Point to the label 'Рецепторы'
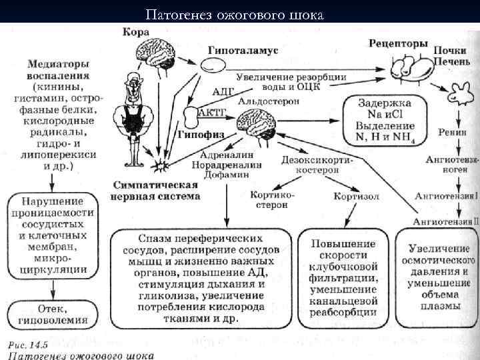pos(399,43)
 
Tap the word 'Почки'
pos(450,51)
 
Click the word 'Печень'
pos(450,62)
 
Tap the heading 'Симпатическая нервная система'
pos(156,190)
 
